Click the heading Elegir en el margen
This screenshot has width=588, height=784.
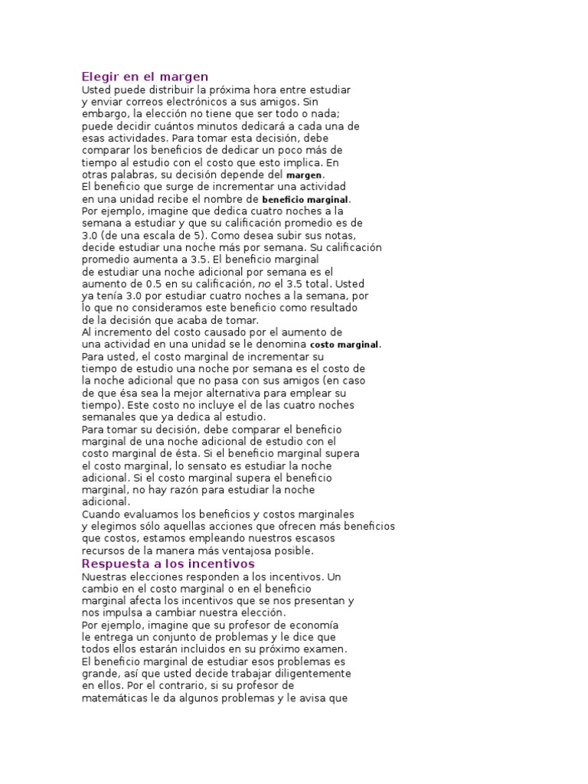click(x=145, y=77)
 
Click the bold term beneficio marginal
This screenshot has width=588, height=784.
click(x=305, y=200)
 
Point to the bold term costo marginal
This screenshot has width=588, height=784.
click(x=344, y=345)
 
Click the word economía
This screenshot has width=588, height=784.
click(x=326, y=625)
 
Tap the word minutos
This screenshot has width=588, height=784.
click(x=207, y=126)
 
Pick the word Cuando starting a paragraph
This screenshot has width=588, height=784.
click(x=101, y=514)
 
